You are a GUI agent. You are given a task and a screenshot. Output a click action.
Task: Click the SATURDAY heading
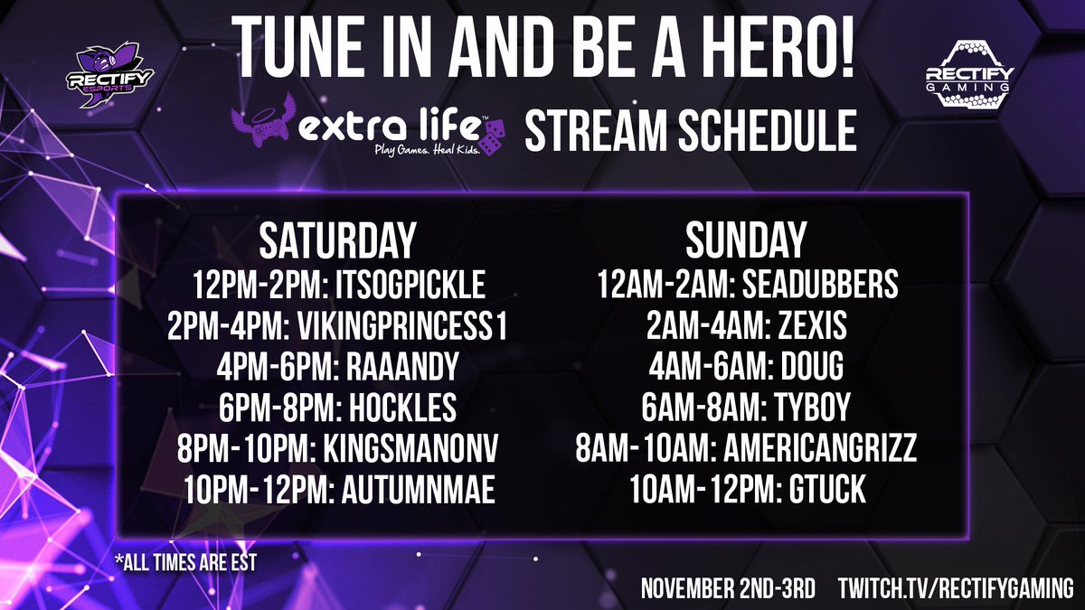[337, 241]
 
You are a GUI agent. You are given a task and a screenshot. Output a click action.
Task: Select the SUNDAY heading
[745, 241]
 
